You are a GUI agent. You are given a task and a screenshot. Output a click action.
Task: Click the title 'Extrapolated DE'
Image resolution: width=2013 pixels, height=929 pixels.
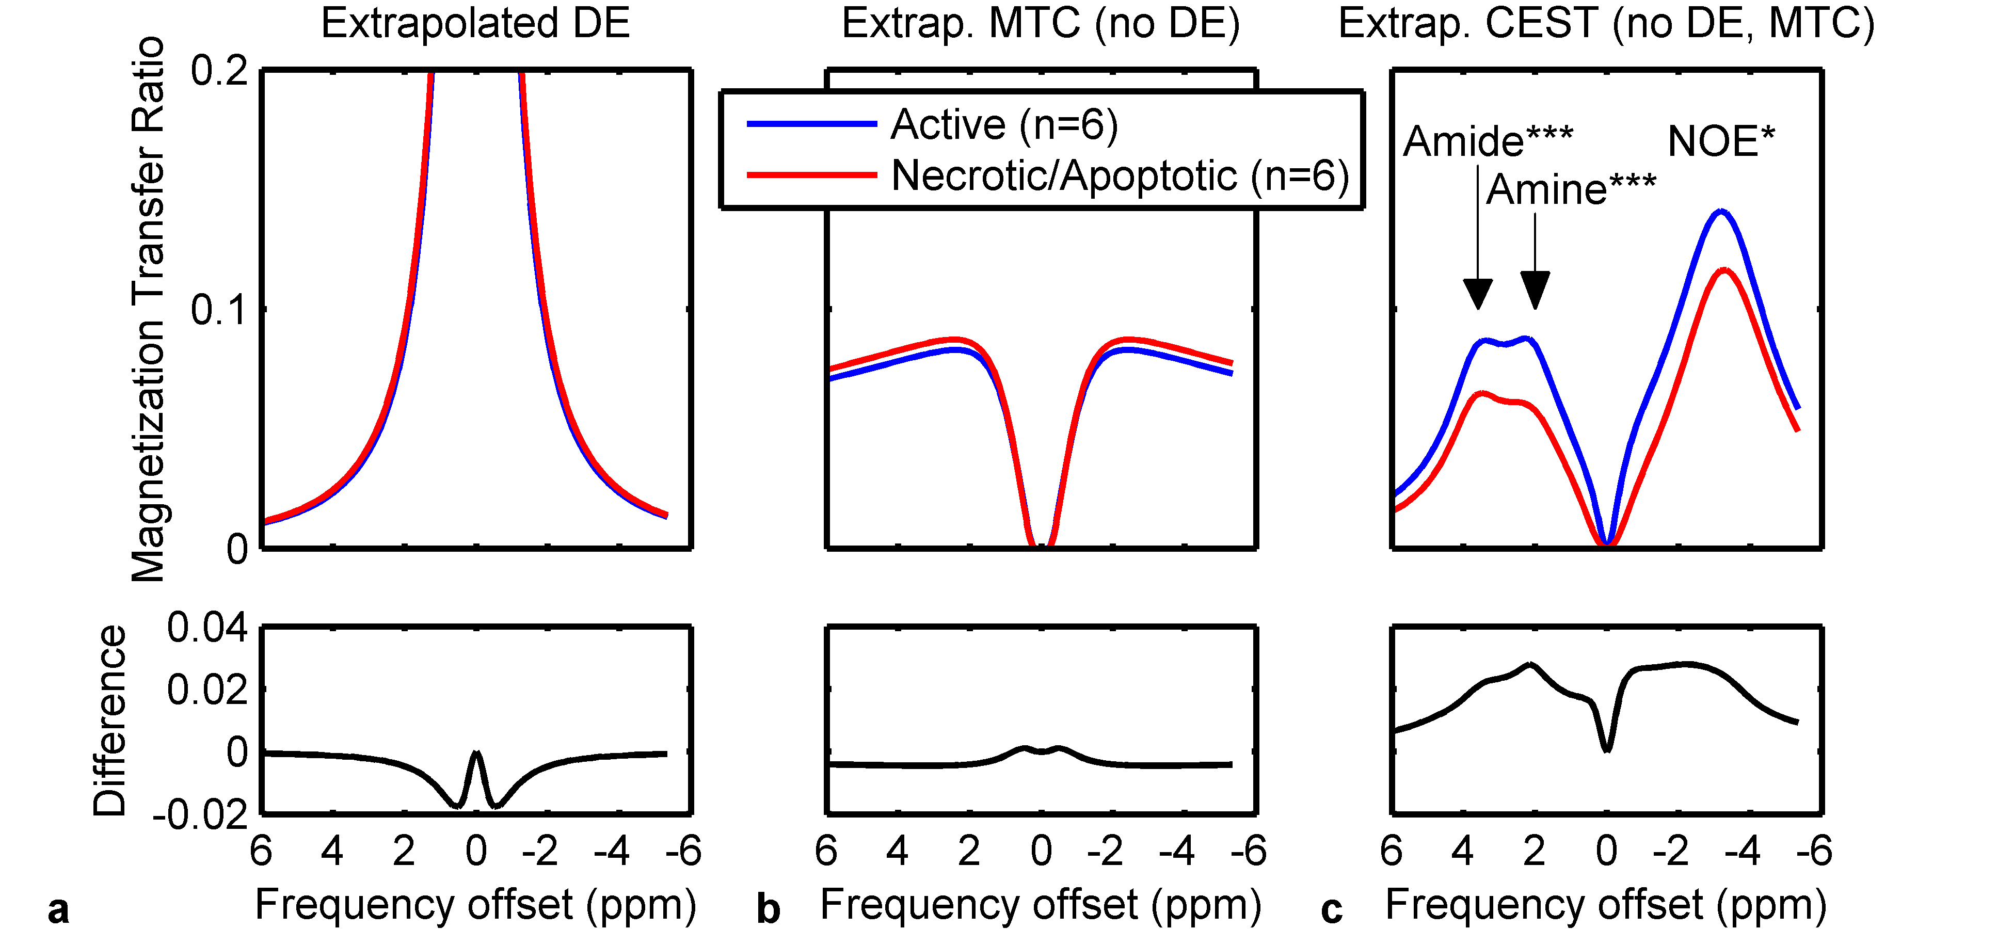click(475, 23)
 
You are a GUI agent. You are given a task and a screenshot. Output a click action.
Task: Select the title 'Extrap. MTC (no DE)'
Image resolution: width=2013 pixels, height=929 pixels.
click(1040, 23)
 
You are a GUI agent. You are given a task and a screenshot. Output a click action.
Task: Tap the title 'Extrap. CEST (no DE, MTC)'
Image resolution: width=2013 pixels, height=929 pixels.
click(1606, 23)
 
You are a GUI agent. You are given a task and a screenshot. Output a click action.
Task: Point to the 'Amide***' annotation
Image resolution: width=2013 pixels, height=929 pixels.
click(1487, 141)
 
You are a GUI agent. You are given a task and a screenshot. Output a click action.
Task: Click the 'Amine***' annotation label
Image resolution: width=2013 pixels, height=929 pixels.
click(1571, 189)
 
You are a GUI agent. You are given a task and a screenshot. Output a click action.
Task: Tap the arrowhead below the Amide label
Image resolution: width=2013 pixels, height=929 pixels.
click(1477, 294)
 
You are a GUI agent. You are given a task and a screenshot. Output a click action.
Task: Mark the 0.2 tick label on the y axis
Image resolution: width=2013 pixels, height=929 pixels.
click(219, 71)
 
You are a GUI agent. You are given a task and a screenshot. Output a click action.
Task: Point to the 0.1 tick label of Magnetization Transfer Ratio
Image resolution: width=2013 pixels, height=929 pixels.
click(219, 310)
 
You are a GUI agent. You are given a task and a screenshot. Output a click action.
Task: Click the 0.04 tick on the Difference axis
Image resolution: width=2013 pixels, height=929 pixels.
click(207, 628)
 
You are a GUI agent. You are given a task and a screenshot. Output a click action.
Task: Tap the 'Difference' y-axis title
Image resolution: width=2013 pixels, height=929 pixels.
click(109, 720)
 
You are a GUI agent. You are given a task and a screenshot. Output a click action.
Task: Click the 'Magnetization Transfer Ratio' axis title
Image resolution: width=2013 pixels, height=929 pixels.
click(149, 309)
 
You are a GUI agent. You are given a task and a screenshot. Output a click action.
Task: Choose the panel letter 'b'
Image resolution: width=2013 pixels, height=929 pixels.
click(768, 909)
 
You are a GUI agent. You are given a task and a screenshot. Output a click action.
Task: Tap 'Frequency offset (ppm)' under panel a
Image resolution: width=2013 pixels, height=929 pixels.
click(475, 905)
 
